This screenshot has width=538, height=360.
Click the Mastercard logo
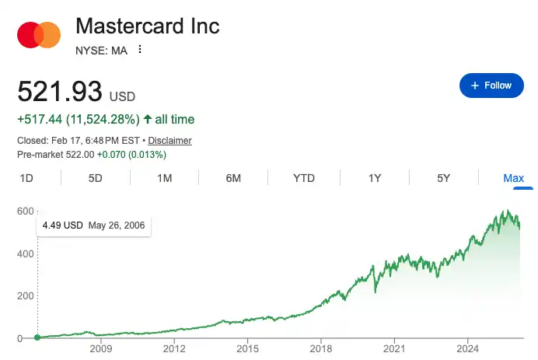39,34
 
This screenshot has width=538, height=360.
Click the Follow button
491,86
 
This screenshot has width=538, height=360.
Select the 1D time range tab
26,178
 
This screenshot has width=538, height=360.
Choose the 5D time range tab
96,178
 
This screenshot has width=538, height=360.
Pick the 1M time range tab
164,178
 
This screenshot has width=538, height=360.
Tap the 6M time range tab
233,178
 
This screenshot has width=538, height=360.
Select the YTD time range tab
304,178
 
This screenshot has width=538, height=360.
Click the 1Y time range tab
375,178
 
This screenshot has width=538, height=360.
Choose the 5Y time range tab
444,178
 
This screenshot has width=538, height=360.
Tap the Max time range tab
513,178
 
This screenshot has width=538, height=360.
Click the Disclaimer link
169,141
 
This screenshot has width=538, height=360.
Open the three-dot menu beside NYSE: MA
140,50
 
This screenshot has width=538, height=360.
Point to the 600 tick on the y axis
26,211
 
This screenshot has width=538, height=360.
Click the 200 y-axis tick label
26,296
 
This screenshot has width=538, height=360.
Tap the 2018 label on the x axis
321,350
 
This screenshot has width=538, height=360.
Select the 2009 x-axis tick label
101,350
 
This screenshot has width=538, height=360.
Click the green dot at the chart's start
37,337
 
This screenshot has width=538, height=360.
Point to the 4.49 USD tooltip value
62,226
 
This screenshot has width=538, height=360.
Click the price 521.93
60,93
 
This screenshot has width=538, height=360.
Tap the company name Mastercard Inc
148,26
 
